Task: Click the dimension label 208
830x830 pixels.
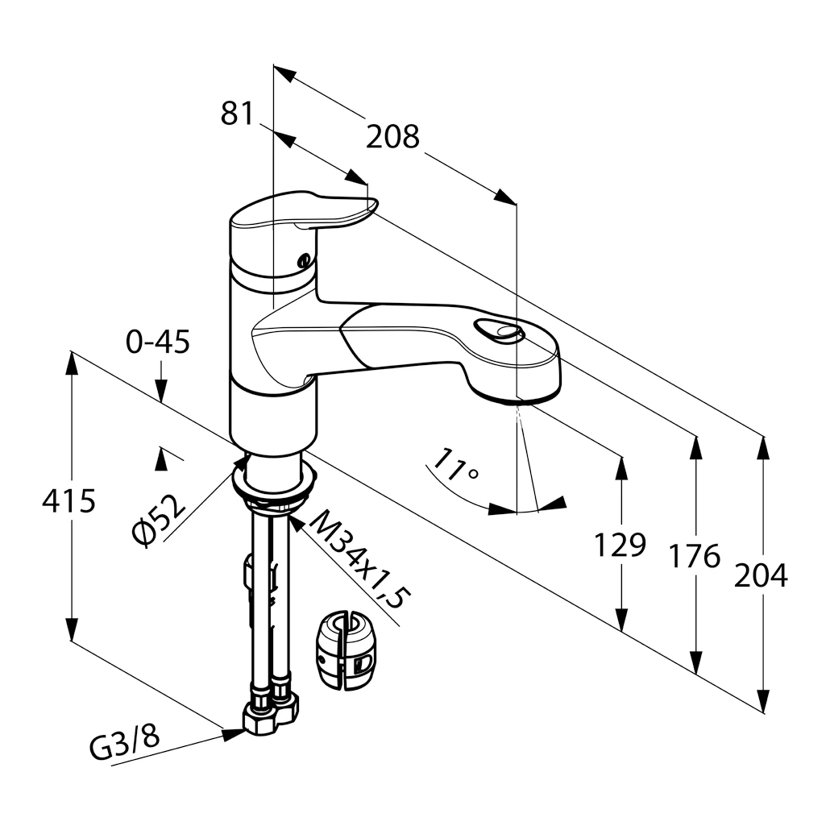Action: click(x=392, y=137)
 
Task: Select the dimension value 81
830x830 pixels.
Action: click(x=237, y=114)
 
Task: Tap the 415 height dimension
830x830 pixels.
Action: click(x=68, y=501)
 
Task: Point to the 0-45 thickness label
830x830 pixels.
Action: click(x=158, y=342)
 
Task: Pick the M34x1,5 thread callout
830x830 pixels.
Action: click(x=359, y=560)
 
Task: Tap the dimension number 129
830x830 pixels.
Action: click(x=620, y=546)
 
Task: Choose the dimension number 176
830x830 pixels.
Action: click(x=694, y=555)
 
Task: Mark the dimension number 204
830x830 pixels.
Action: click(x=761, y=575)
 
